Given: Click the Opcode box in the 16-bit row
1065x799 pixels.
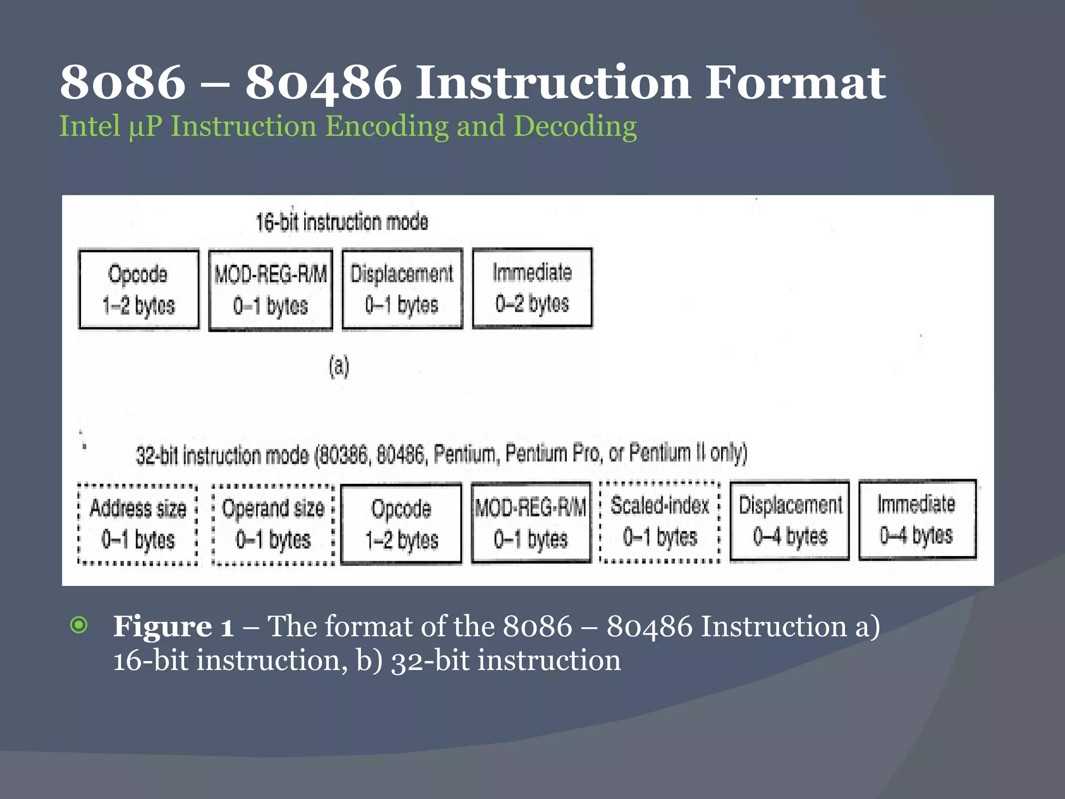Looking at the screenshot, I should pyautogui.click(x=139, y=289).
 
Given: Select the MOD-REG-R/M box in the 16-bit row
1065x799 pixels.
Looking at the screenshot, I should pyautogui.click(x=270, y=290).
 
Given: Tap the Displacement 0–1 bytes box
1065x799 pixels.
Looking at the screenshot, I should pyautogui.click(x=402, y=289).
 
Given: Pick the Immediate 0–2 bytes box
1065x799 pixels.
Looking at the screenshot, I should pyautogui.click(x=532, y=288).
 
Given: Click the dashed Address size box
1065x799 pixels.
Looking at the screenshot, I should pyautogui.click(x=138, y=524).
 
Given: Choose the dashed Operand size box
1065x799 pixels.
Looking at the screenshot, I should pyautogui.click(x=273, y=524).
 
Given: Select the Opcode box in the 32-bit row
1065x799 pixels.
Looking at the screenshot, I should pyautogui.click(x=401, y=524).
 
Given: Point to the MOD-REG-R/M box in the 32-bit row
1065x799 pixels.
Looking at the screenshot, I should pyautogui.click(x=531, y=523).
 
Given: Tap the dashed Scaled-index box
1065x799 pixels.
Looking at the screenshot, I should pyautogui.click(x=660, y=521).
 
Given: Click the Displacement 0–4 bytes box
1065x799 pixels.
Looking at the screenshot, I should pyautogui.click(x=789, y=521).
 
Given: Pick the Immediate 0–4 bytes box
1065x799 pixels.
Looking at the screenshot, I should pyautogui.click(x=917, y=520).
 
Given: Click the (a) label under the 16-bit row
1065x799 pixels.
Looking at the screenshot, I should pyautogui.click(x=339, y=367).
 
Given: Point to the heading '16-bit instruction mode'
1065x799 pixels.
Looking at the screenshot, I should pyautogui.click(x=342, y=222).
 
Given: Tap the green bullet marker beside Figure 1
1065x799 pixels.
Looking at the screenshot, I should pyautogui.click(x=79, y=625).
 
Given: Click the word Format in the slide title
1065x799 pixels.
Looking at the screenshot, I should pyautogui.click(x=795, y=83).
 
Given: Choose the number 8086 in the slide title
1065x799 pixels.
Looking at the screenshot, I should pyautogui.click(x=123, y=83).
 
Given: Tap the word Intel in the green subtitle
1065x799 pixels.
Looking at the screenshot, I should pyautogui.click(x=90, y=126).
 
